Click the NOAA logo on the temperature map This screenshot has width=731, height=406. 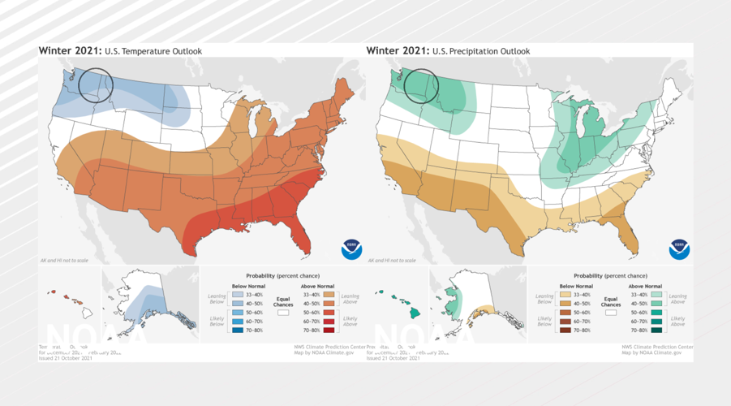click(x=351, y=249)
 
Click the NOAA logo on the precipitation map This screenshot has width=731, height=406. click(x=679, y=249)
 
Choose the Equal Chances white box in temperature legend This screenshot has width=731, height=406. click(x=283, y=312)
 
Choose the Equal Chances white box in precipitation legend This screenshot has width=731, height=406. click(x=611, y=312)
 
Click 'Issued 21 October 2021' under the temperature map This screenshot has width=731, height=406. click(x=68, y=357)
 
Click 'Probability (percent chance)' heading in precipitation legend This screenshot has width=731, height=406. click(x=610, y=276)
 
